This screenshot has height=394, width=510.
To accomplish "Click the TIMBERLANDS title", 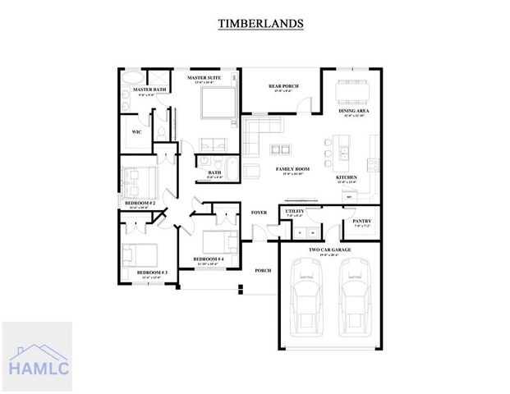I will click(260, 24).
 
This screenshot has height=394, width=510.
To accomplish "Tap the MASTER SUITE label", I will click(204, 78).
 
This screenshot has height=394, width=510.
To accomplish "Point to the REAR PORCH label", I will click(283, 85).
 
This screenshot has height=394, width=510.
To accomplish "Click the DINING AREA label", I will click(353, 109).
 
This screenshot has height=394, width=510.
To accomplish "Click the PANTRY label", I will click(361, 221).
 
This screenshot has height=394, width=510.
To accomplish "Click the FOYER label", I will click(259, 213).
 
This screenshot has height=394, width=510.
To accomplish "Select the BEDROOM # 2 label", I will click(140, 203).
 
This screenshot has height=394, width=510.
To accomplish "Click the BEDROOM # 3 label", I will click(151, 273).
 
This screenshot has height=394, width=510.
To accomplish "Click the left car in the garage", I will click(309, 294).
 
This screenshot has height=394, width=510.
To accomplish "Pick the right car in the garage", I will click(356, 294).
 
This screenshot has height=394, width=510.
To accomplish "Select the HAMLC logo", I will click(36, 357).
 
